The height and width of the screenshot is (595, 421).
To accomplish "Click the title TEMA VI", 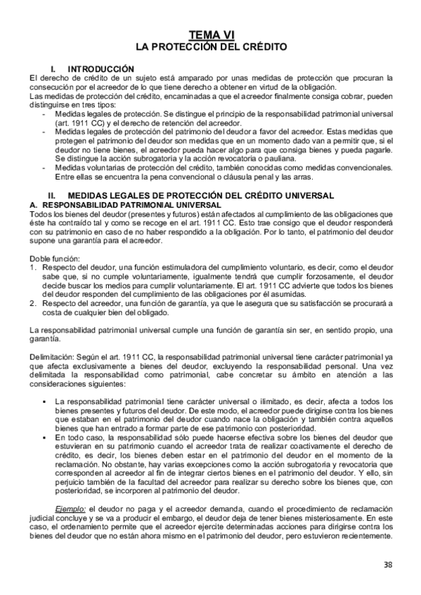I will (211, 36).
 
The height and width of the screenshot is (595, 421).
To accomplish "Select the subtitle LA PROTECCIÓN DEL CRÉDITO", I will (211, 47).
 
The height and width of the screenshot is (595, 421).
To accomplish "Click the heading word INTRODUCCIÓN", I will (103, 69).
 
